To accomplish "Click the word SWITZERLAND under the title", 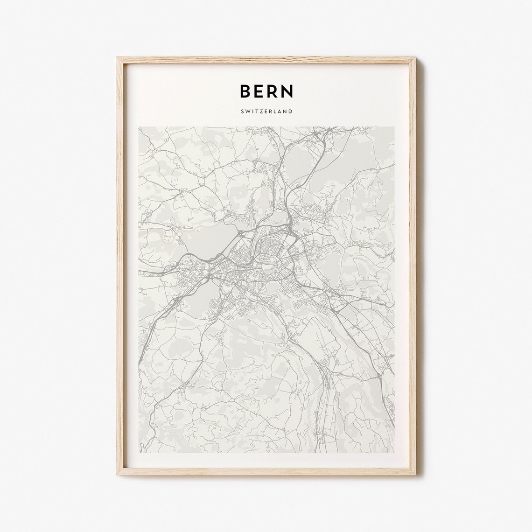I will point(266,112).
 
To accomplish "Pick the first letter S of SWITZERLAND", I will point(242,112).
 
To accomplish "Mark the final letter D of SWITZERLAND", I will point(291,112).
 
